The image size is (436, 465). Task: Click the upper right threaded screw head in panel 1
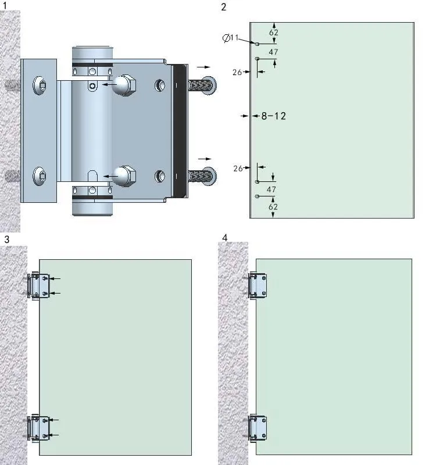coord(210,85)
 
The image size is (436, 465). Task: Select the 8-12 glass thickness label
coord(273,116)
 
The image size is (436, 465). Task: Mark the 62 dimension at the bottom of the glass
coord(273,206)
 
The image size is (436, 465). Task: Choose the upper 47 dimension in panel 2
coord(271,52)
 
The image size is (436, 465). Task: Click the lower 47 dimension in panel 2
coord(271,189)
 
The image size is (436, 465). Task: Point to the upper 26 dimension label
coord(237,72)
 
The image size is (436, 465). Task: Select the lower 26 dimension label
coord(237,168)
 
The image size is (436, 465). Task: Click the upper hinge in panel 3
coord(40,286)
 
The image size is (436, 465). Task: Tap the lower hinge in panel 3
coord(40,428)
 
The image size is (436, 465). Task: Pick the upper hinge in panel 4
coord(258,285)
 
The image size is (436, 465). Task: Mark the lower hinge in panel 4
coord(258,428)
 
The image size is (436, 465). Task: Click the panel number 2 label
coord(224,7)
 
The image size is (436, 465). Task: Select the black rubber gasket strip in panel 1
coord(180,130)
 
